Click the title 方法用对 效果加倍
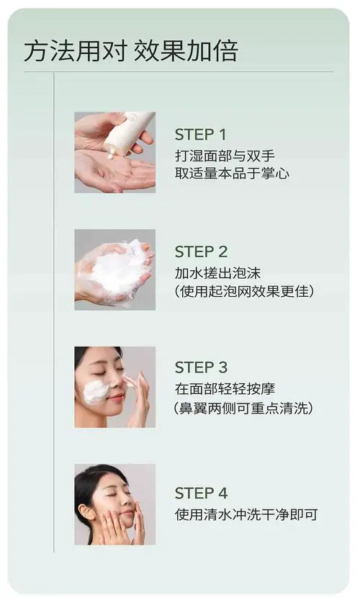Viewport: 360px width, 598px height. [130, 52]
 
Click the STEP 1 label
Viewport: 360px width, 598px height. [200, 135]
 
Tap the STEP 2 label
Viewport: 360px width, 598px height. [201, 252]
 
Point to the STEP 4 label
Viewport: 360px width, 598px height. [201, 494]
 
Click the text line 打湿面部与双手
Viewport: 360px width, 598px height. [225, 155]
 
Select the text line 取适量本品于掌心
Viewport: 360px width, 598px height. [232, 174]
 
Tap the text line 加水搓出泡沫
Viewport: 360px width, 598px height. [217, 272]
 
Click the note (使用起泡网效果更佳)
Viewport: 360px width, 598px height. [244, 291]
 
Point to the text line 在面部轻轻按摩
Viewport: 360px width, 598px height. [225, 389]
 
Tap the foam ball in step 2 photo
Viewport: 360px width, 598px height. [119, 272]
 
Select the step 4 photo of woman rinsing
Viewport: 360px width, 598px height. [114, 504]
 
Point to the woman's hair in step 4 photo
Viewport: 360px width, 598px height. [90, 483]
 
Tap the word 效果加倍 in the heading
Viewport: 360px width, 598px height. [185, 52]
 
